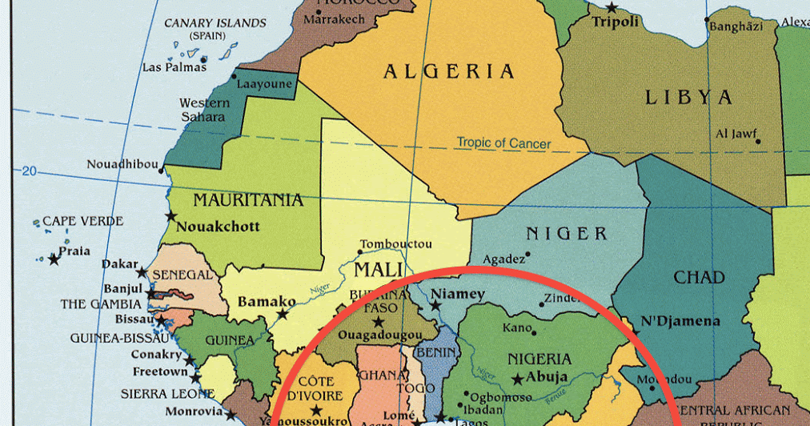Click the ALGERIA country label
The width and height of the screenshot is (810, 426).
pos(448,72)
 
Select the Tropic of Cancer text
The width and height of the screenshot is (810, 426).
pos(503,143)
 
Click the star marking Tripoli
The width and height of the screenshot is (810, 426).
pos(612,7)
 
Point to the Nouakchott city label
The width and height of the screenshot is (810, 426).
pos(219,226)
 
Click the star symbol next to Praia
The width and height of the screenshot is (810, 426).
pos(54,259)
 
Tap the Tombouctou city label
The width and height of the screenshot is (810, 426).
pos(396,244)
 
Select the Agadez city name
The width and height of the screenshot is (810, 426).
pos(503,259)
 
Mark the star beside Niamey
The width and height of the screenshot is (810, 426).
pos(435,305)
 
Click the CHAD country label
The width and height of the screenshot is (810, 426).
pos(699,278)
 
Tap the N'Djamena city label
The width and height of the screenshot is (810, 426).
pos(680,321)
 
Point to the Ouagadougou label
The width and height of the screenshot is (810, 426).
pos(379,334)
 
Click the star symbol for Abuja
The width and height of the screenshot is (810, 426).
pos(518,378)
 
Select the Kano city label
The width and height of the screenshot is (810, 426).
pos(516,328)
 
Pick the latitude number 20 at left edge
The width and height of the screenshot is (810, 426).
pos(30,171)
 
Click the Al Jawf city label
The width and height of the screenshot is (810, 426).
pos(735,134)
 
